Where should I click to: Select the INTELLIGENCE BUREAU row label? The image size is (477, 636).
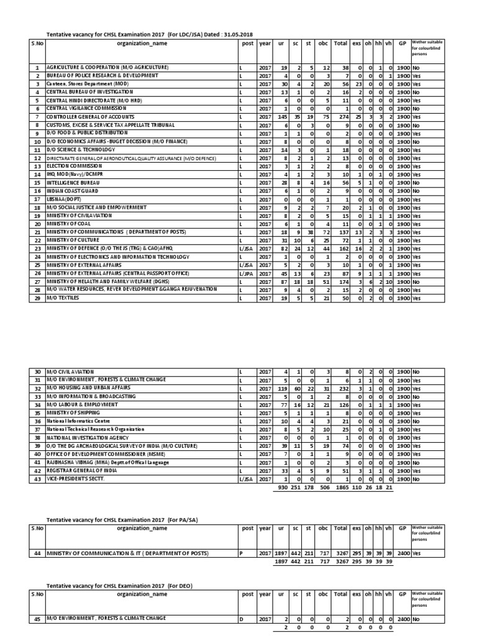click(x=68, y=183)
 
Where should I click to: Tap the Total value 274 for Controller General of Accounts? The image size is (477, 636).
click(x=340, y=117)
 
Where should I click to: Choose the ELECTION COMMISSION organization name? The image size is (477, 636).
click(x=69, y=166)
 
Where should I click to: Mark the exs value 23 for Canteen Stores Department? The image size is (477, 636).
click(x=358, y=83)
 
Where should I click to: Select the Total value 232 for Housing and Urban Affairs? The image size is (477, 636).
click(x=340, y=386)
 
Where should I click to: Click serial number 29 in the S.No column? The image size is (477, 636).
click(x=37, y=298)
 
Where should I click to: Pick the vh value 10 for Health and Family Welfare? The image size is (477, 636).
click(x=388, y=282)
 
